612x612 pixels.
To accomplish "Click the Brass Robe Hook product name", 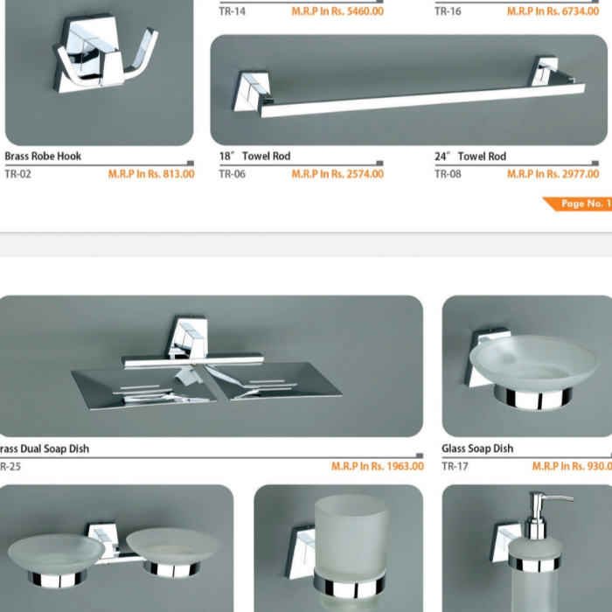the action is click(x=43, y=156).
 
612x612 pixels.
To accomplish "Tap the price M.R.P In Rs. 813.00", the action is click(x=151, y=174).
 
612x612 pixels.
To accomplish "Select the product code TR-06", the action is click(x=233, y=174).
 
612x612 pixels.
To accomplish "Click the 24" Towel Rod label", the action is click(x=470, y=156).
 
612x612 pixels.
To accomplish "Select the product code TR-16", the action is click(x=448, y=10).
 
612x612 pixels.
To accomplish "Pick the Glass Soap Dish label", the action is click(x=477, y=449).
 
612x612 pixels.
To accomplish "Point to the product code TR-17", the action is click(x=455, y=466).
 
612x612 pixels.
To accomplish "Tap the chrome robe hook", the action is click(x=105, y=54).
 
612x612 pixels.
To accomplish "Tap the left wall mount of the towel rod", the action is click(x=252, y=92).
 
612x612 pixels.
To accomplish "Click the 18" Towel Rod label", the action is click(x=254, y=156).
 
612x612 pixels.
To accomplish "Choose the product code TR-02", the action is click(x=18, y=174).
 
